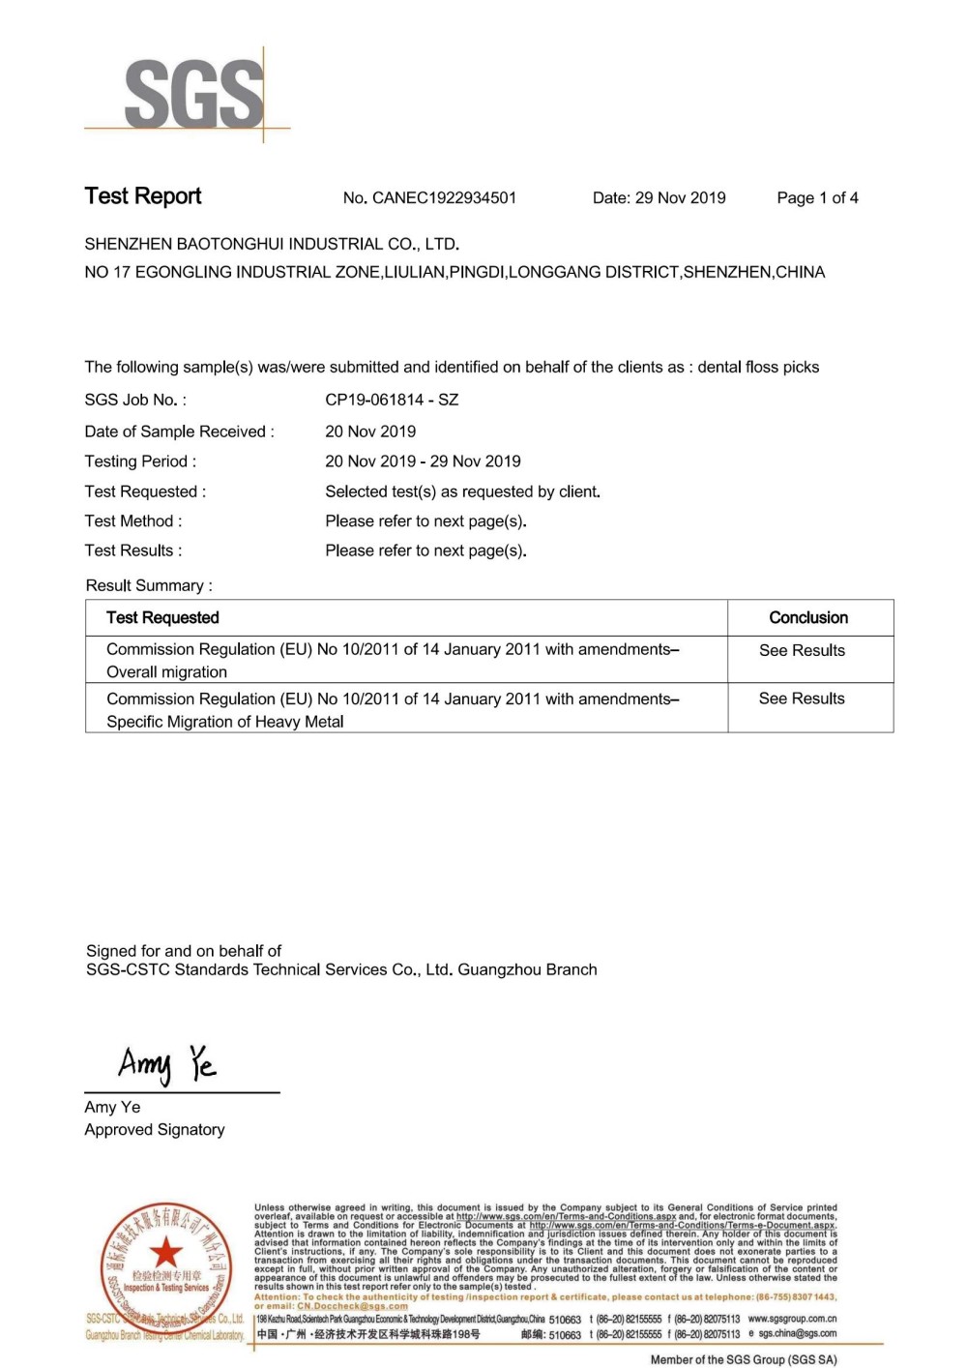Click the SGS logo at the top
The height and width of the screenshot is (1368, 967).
(x=193, y=94)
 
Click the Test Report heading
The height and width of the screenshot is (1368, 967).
(x=143, y=196)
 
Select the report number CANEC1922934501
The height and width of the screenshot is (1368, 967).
(x=444, y=198)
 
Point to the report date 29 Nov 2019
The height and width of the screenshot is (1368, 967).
(x=680, y=198)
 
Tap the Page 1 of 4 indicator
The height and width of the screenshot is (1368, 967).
(x=817, y=198)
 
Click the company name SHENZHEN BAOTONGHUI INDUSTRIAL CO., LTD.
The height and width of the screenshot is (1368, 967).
(x=272, y=245)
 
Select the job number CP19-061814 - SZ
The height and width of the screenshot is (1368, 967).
(x=392, y=400)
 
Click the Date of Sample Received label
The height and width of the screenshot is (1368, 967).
(x=179, y=431)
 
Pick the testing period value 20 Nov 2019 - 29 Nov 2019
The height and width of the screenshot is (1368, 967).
(x=423, y=461)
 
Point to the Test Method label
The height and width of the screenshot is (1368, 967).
(x=132, y=521)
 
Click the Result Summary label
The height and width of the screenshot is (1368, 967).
(x=149, y=585)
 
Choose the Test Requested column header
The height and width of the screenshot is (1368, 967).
(x=162, y=617)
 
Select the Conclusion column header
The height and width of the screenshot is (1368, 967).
(x=808, y=617)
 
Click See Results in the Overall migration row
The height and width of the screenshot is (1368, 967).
(x=802, y=651)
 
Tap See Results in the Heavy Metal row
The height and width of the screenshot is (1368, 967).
(x=802, y=699)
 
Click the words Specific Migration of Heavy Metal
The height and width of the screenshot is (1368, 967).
(x=225, y=722)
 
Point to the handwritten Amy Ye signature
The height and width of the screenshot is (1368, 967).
(x=167, y=1064)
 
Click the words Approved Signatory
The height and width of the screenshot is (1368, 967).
(x=155, y=1130)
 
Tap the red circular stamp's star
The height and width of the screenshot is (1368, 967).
(x=166, y=1251)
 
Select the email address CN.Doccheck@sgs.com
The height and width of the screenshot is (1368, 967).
(x=352, y=1306)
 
